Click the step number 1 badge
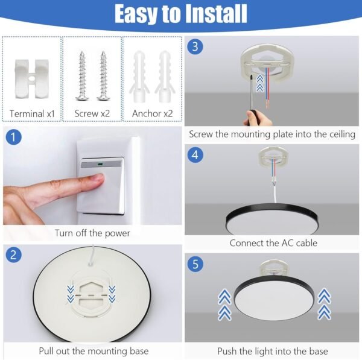point(13,137)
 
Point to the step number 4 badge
point(194,155)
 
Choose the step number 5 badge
point(194,263)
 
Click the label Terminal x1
point(32,113)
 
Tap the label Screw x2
point(92,113)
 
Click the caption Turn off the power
point(92,233)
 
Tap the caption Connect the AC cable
point(273,244)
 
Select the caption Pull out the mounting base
point(94,351)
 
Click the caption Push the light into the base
point(273,351)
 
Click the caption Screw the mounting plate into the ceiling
point(272,134)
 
